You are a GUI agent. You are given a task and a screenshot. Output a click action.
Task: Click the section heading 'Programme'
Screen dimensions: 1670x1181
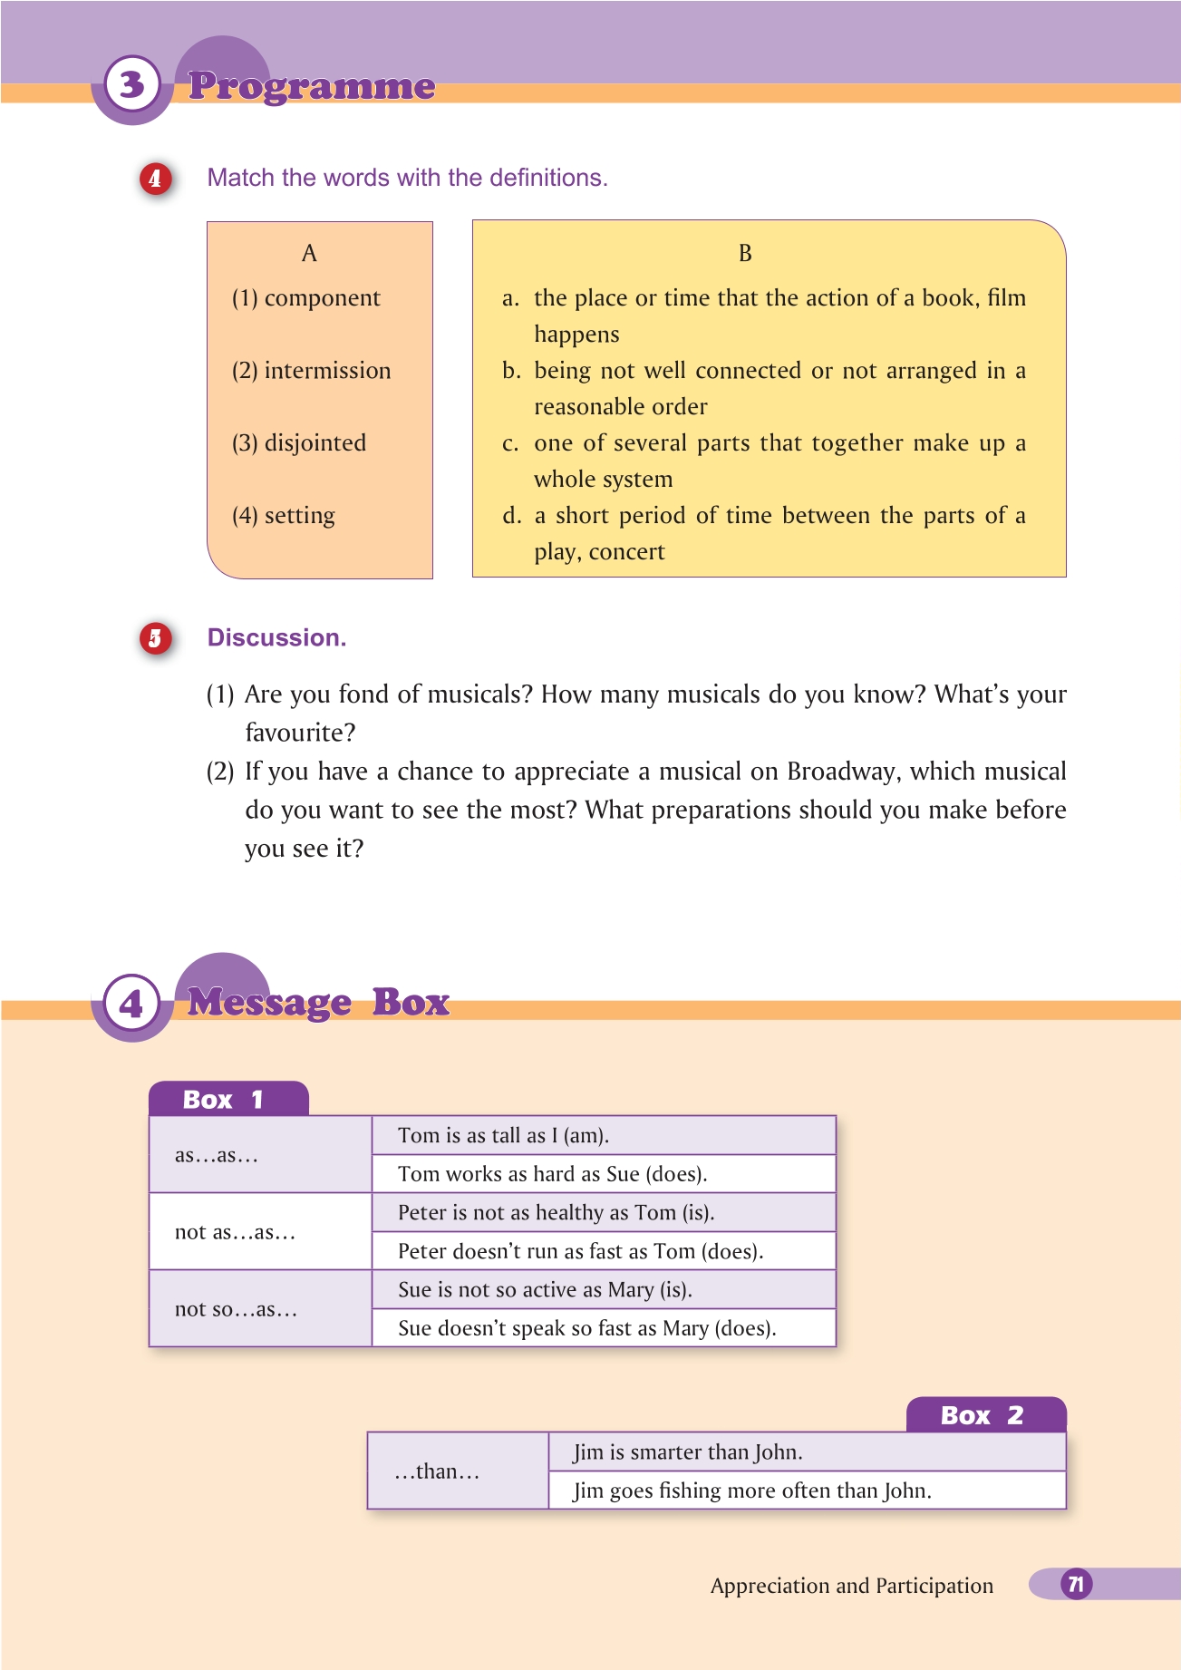point(312,86)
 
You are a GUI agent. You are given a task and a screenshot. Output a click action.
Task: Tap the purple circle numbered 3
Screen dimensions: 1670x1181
point(132,85)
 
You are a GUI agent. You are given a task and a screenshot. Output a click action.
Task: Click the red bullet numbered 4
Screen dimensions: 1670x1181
point(155,179)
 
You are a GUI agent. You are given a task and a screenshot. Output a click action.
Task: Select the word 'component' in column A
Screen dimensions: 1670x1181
point(322,298)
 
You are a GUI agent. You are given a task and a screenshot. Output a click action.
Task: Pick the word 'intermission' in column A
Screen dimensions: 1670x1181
point(327,371)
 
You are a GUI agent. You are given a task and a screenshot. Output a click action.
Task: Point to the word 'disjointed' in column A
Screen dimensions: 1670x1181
point(315,443)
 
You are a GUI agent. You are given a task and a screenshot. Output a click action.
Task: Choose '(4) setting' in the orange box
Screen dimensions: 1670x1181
point(284,516)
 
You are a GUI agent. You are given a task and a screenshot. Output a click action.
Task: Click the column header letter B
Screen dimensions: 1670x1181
point(745,254)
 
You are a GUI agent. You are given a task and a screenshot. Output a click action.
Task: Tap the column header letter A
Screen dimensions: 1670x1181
point(309,254)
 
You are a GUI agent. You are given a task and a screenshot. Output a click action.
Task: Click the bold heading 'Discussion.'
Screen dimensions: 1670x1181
point(276,637)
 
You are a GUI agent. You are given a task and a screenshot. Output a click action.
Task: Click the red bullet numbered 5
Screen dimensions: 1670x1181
point(155,638)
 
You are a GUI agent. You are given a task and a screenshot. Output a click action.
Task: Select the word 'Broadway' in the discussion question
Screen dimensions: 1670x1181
point(842,772)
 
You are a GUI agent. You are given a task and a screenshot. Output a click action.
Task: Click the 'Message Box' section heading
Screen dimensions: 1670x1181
point(318,1003)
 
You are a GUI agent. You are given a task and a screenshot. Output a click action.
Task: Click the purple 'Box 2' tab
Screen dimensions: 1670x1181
point(984,1415)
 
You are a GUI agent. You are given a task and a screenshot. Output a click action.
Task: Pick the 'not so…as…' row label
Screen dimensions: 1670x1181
point(236,1309)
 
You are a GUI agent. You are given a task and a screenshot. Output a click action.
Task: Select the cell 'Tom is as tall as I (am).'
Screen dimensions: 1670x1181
point(503,1135)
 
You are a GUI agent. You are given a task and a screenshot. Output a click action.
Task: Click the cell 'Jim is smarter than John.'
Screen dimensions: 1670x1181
point(688,1452)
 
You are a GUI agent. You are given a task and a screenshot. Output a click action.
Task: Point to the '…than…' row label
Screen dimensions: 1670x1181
point(437,1471)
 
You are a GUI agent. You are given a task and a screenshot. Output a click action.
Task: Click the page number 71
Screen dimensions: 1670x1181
point(1076,1584)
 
